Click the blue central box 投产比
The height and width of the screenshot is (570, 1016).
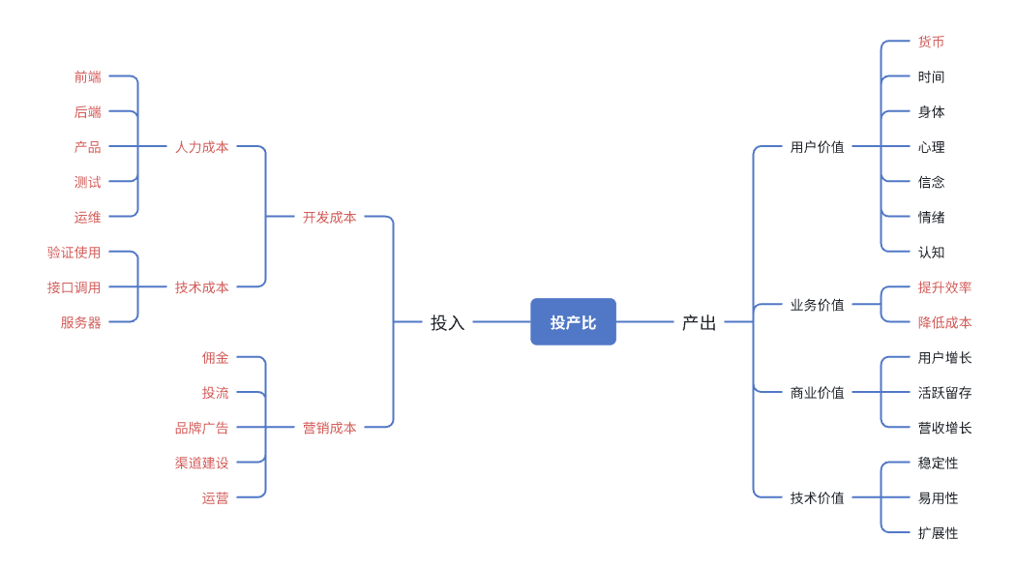coord(573,322)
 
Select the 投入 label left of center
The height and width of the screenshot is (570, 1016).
coord(448,322)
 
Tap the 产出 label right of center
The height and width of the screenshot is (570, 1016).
coord(699,322)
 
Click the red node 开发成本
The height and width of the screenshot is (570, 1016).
coord(329,218)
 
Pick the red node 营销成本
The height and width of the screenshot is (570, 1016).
coord(329,428)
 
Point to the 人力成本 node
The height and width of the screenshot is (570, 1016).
coord(201,148)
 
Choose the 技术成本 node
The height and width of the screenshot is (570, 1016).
coord(201,287)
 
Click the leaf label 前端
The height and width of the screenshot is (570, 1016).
coord(87,77)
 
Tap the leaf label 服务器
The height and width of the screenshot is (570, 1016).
coord(80,322)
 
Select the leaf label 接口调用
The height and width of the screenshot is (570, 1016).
coord(74,287)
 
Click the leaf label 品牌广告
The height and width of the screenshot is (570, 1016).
coord(201,428)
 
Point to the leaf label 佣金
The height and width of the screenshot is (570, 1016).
coord(215,357)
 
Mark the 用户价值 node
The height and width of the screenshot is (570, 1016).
coord(817,148)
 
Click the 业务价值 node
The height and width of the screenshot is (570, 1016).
coord(817,305)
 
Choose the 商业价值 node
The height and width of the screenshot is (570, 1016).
coord(817,393)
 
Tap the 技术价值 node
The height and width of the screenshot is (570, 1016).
coord(817,498)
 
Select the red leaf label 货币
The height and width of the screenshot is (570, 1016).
coord(931,43)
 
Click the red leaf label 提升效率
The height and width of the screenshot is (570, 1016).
coord(944,287)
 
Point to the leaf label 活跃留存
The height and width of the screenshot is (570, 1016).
coord(944,393)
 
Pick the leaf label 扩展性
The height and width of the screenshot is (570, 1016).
coord(938,533)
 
